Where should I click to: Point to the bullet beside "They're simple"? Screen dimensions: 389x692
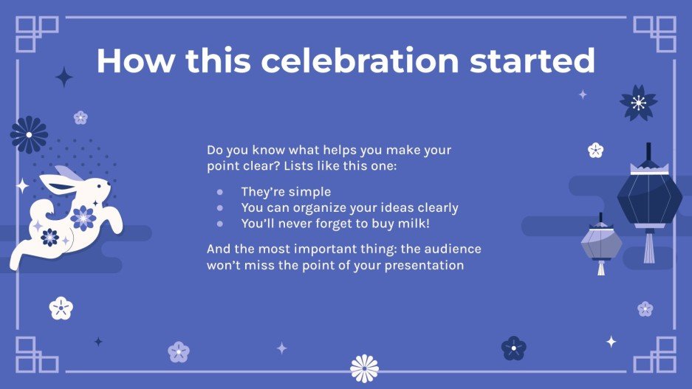pyautogui.click(x=219, y=192)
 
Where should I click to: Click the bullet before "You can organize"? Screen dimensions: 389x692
pyautogui.click(x=219, y=207)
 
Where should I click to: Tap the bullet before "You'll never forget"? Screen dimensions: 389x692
pyautogui.click(x=219, y=223)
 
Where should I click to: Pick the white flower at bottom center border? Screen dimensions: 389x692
pyautogui.click(x=364, y=368)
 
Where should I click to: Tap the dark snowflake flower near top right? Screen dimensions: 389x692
pyautogui.click(x=638, y=103)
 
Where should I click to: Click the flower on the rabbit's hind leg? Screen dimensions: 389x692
pyautogui.click(x=49, y=237)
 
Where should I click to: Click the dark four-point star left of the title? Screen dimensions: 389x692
pyautogui.click(x=64, y=77)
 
